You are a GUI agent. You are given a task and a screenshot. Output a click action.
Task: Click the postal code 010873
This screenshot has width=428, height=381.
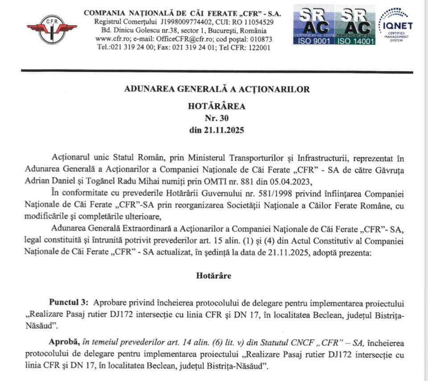coord(259,39)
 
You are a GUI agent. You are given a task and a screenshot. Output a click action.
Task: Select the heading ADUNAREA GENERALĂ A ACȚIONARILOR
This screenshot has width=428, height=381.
coord(217,89)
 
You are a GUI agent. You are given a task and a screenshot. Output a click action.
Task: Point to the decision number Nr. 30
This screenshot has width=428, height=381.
coord(217,119)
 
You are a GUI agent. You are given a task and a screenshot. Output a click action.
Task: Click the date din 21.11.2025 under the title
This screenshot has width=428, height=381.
coord(217,131)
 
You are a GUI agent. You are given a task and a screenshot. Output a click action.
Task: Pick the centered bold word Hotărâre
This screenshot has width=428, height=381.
coord(214,275)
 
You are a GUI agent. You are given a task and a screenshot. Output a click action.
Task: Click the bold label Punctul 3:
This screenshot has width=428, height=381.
coord(69,303)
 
